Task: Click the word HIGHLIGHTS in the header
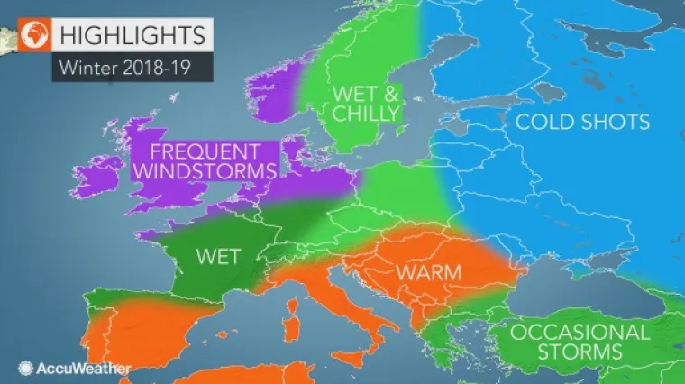(x=131, y=35)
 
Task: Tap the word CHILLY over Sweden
(x=366, y=113)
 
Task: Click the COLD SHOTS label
(x=582, y=122)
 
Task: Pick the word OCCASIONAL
(x=580, y=331)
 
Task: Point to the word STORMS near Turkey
(x=580, y=351)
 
